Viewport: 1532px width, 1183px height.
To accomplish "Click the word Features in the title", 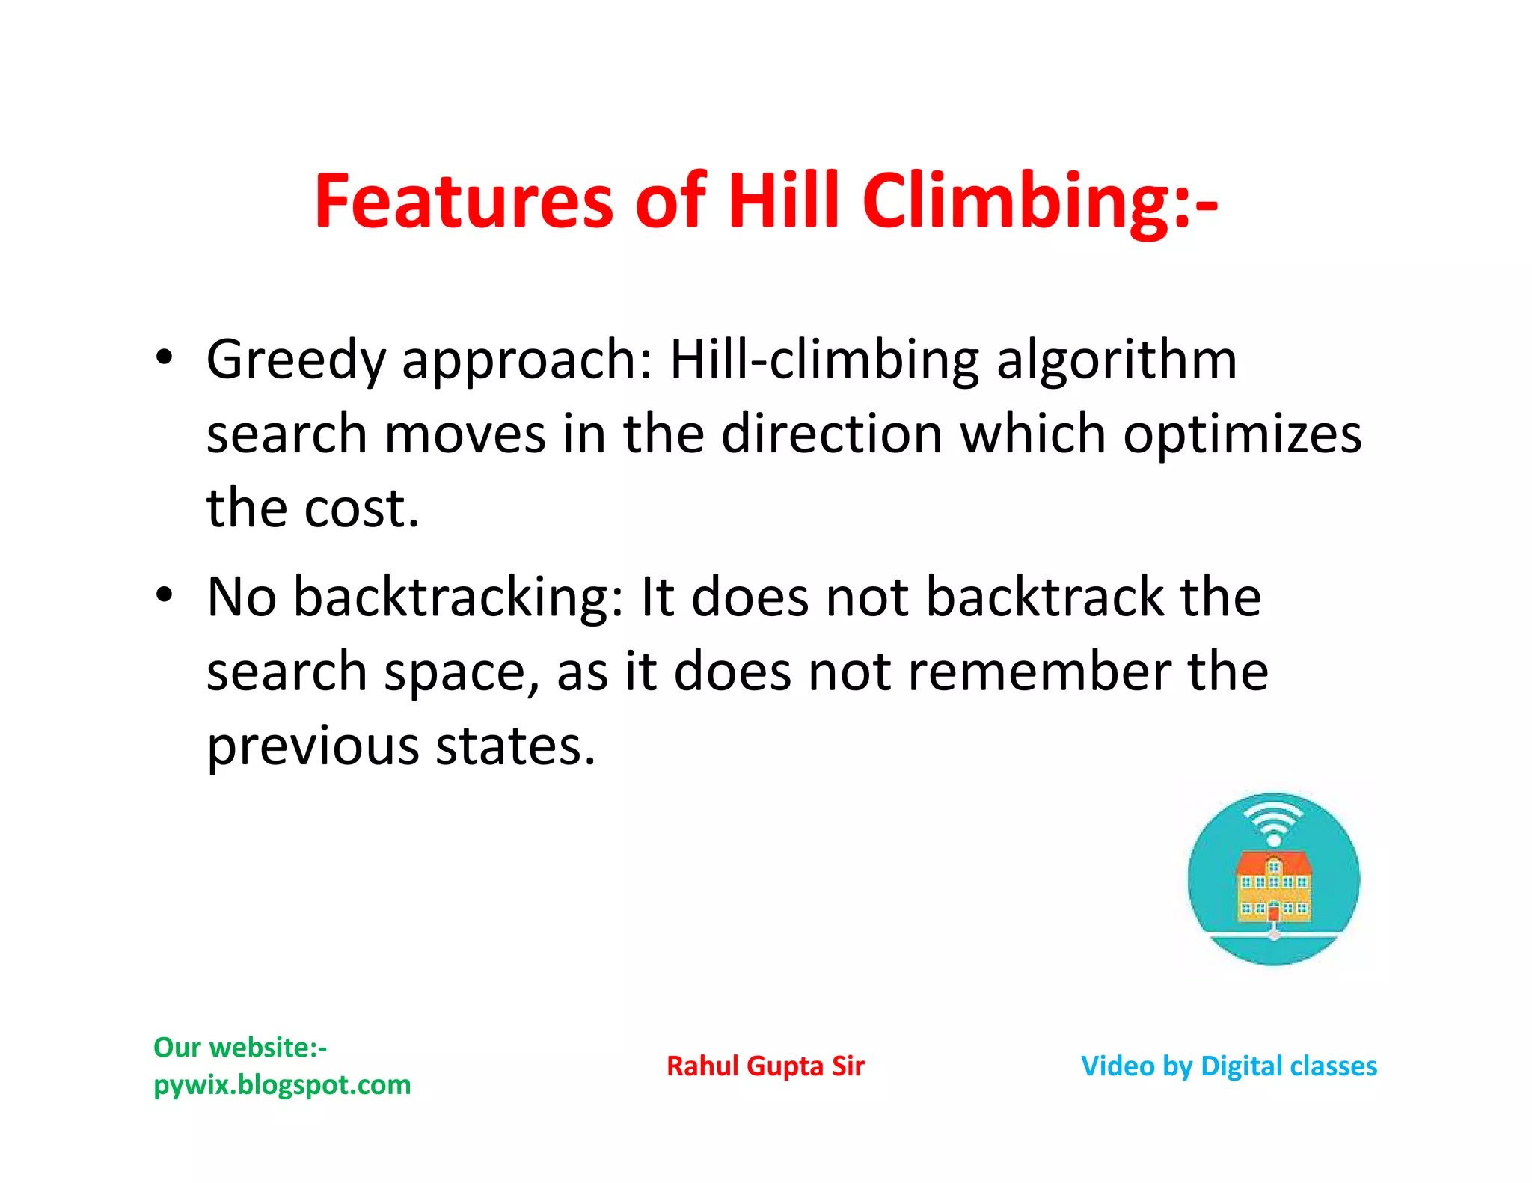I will [463, 200].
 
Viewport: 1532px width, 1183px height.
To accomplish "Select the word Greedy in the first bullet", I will [295, 360].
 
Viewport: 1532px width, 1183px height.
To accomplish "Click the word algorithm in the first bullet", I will [1117, 360].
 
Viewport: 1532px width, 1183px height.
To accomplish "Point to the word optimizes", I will [1242, 434].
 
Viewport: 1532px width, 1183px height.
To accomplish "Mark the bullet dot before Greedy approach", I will [164, 357].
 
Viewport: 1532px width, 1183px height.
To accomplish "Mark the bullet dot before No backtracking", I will [164, 595].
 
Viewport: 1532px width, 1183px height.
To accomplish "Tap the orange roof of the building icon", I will [1274, 864].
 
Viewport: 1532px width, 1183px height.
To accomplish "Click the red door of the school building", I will [1273, 913].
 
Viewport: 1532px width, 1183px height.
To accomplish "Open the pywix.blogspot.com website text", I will [282, 1084].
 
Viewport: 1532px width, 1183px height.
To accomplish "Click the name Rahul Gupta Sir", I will [765, 1066].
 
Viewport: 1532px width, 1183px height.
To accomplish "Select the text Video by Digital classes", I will [1228, 1066].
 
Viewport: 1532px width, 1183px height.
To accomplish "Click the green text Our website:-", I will [240, 1047].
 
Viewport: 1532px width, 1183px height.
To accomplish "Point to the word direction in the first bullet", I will [831, 434].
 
